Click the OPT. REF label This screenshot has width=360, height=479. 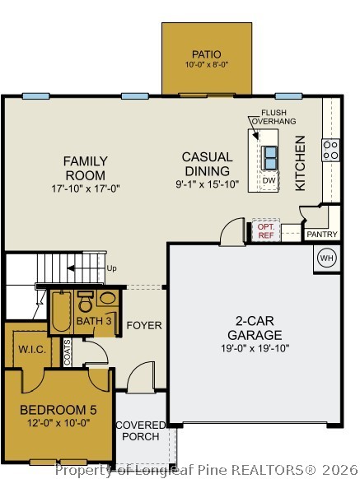pos(265,230)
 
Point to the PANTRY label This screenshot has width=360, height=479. pos(321,235)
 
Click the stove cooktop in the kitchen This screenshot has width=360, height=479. pos(330,149)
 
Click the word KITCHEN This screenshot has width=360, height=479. pos(301,163)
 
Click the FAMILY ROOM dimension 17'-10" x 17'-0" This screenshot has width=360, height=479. pos(85,188)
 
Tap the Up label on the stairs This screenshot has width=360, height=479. pos(111,269)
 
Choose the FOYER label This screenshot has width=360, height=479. pos(143,326)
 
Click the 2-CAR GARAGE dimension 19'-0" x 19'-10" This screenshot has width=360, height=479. pos(254,348)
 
